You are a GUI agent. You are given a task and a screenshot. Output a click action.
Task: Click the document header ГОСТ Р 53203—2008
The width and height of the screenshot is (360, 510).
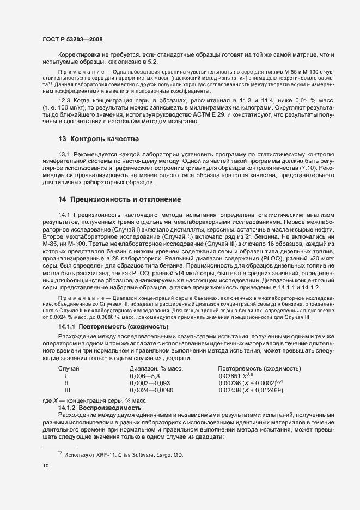coord(72,39)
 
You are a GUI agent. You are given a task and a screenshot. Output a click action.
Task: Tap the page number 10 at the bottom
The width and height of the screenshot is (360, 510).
coord(45,466)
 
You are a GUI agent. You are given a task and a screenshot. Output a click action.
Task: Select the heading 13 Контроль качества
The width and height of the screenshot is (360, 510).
coord(98,139)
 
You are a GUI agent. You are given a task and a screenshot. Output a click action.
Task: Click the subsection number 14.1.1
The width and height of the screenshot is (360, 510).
coord(68,326)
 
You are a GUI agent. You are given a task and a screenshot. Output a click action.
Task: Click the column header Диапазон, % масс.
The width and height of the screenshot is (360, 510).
coord(156,369)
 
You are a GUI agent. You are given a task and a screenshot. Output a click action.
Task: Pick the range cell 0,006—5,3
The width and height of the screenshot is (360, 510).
coord(144,376)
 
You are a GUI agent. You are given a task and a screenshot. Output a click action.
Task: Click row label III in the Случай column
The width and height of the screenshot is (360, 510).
coord(67,390)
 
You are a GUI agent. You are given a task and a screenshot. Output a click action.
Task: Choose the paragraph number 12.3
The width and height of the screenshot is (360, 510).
coord(64,101)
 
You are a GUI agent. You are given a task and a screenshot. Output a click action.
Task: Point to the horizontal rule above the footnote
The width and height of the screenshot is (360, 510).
coord(59,447)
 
